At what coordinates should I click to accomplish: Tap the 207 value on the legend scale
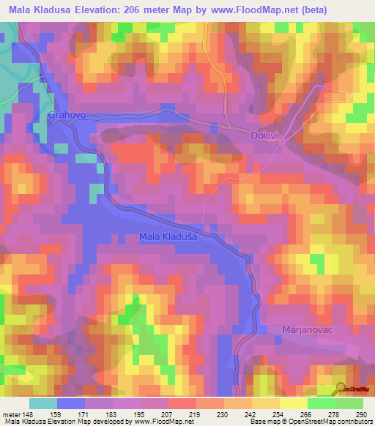point(168,414)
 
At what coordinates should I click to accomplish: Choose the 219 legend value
point(196,414)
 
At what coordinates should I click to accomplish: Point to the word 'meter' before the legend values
point(10,414)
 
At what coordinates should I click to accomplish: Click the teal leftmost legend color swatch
point(43,403)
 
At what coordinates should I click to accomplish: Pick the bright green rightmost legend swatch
point(349,403)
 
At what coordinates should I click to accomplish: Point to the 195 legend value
point(140,414)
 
